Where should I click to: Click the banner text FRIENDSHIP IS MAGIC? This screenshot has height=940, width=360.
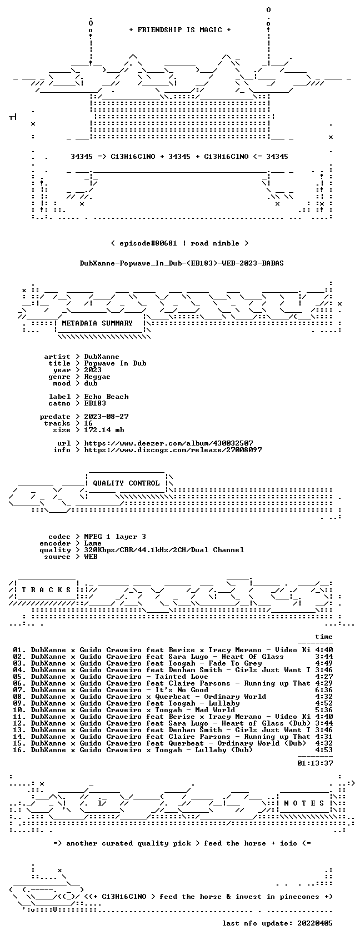pos(179,30)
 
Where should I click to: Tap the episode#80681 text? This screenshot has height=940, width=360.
pos(148,243)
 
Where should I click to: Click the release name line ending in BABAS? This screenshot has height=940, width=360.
pos(182,263)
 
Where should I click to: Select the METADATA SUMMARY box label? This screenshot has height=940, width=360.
pos(97,323)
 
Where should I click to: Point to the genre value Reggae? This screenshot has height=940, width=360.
pos(97,377)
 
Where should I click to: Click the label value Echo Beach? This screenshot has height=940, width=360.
pos(106,397)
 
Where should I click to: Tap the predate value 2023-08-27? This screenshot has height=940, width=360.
pos(106,417)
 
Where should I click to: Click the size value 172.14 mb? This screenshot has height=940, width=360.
pos(104,430)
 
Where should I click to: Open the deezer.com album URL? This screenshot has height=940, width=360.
pos(169,443)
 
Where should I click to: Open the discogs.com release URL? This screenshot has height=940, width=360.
pos(173,450)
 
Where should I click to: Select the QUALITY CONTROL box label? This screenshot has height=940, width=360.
pos(126,483)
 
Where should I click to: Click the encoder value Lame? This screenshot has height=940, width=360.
pos(93,543)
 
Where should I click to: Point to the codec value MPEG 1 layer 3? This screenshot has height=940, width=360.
pos(115,537)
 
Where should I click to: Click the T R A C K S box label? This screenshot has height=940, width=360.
pos(47,589)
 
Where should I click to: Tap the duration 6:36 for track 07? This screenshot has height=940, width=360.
pos(323,690)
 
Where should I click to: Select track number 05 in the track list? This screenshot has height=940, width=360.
pos(18,677)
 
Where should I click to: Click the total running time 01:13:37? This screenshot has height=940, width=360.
pos(314,763)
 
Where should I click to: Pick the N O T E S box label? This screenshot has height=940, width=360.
pos(304,803)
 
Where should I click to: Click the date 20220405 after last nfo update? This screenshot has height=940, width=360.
pos(314,923)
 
